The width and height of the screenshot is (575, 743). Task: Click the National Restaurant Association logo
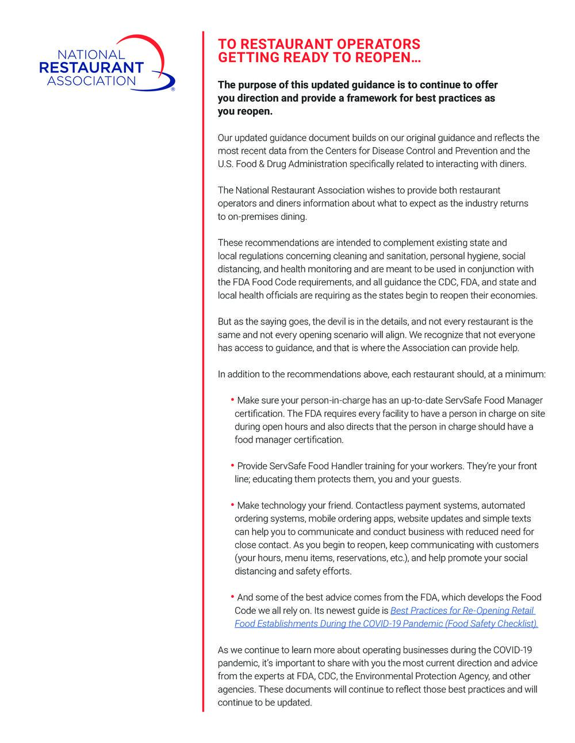(106, 63)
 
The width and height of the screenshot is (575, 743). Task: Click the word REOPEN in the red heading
(380, 58)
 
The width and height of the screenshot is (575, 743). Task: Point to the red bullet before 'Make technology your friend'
(232, 505)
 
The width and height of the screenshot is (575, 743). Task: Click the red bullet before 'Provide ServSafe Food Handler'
(232, 465)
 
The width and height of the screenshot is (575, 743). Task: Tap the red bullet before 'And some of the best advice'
(232, 597)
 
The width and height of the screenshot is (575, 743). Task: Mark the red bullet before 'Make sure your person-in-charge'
(232, 399)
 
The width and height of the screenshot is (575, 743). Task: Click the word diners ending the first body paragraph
(511, 164)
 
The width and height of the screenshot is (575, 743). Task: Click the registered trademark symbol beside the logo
(173, 90)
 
